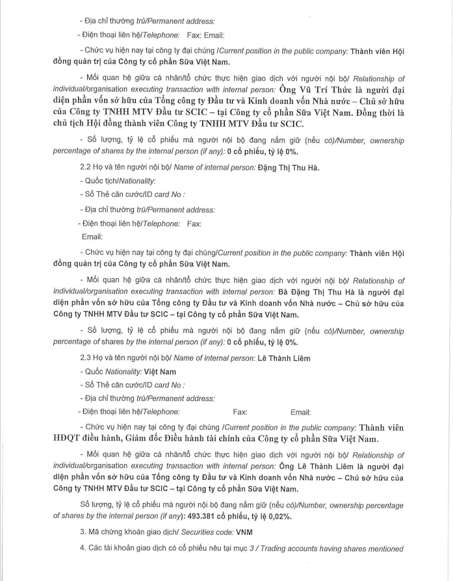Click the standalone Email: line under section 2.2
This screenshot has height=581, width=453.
click(92, 237)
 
